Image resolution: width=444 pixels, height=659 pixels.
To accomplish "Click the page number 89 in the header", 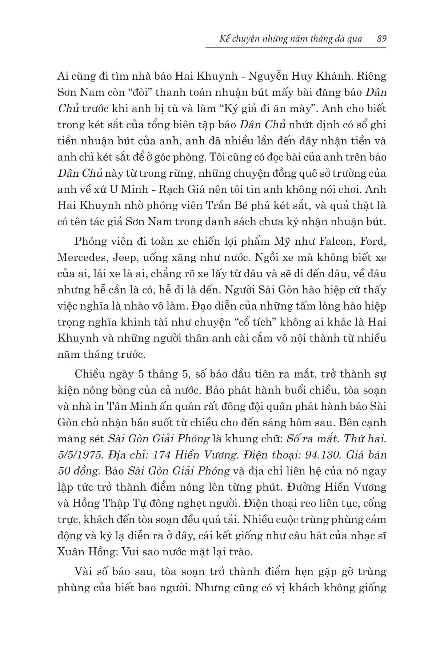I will tap(381, 39).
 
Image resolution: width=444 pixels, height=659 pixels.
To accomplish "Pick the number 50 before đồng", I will tap(64, 471).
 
